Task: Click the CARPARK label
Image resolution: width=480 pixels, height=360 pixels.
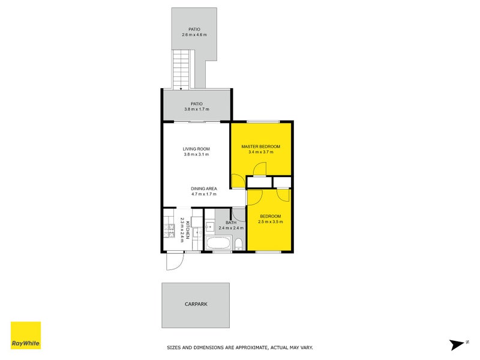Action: [196, 304]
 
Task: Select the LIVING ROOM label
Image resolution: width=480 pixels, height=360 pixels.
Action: [196, 149]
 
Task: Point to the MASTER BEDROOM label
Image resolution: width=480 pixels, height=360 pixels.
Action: [261, 146]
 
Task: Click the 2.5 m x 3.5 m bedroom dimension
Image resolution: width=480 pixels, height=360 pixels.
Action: [270, 222]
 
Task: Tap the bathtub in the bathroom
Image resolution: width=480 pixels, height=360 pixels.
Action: [218, 244]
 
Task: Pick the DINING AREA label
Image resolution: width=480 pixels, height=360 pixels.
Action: [203, 188]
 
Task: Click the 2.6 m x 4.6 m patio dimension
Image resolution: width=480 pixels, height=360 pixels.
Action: [194, 35]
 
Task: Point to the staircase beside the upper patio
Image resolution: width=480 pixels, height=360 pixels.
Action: [181, 68]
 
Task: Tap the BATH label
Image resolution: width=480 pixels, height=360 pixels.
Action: [223, 223]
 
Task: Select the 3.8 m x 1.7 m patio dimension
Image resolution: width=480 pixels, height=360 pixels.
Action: [196, 110]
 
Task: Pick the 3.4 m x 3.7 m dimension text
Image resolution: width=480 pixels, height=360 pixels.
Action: [261, 152]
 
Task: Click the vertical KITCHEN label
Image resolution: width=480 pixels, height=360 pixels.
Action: [188, 229]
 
